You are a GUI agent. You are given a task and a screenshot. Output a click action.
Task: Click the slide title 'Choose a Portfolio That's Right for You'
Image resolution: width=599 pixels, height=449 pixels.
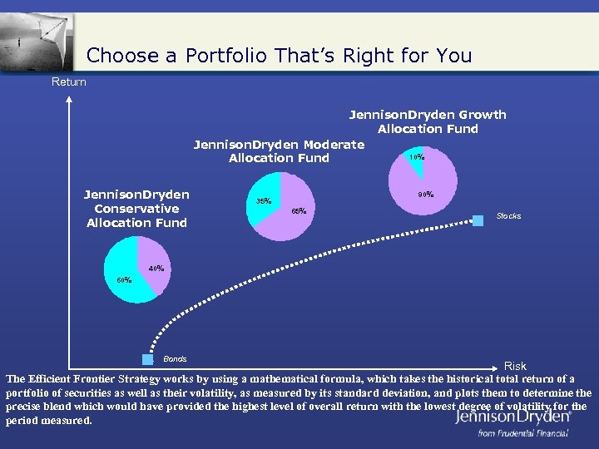click(x=279, y=56)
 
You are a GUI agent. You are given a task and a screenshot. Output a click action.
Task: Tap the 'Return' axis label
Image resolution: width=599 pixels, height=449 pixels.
click(x=68, y=81)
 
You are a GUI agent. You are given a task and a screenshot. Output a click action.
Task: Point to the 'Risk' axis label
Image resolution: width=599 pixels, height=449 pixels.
click(x=515, y=366)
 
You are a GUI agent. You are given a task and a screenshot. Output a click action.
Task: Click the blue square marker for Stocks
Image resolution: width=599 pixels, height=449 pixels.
click(x=478, y=220)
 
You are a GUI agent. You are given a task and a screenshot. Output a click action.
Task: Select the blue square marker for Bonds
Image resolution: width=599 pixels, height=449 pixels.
click(x=148, y=360)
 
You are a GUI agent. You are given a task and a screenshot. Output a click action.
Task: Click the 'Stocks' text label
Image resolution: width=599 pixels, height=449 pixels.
click(x=508, y=216)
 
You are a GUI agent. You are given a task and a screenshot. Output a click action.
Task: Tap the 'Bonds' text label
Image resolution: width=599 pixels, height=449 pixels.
click(x=175, y=359)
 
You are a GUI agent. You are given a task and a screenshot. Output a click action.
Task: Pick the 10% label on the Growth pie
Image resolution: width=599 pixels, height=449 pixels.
click(x=416, y=156)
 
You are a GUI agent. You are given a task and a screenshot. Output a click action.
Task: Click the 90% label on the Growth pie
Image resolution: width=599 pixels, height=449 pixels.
click(x=425, y=195)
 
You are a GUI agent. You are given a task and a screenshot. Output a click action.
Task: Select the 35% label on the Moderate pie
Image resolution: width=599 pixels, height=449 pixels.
click(x=263, y=201)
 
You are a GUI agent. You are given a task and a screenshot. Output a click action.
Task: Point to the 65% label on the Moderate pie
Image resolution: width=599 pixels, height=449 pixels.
click(x=299, y=211)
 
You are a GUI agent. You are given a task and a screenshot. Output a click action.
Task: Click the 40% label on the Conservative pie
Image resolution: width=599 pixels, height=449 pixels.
click(x=156, y=269)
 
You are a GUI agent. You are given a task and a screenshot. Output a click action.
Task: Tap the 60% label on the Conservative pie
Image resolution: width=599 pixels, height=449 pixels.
click(x=124, y=279)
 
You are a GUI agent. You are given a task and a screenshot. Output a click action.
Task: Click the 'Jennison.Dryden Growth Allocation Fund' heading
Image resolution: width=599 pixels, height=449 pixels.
click(x=427, y=121)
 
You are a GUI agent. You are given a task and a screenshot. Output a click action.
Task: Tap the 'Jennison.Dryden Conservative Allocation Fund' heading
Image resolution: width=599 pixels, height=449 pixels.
click(x=136, y=209)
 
